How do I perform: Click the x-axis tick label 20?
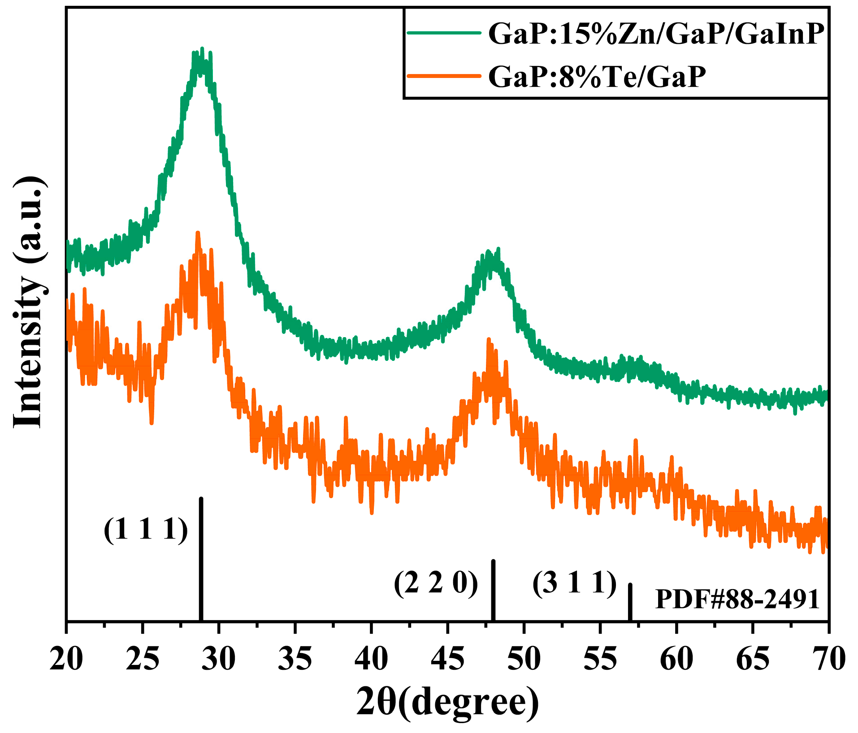click(66, 659)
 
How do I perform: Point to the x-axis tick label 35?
click(295, 659)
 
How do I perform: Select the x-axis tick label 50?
click(524, 659)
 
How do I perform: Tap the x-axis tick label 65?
click(753, 659)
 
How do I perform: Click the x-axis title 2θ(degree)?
click(447, 703)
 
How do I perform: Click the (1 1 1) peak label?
click(146, 530)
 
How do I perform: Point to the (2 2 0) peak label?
click(436, 583)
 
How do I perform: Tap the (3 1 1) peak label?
click(575, 583)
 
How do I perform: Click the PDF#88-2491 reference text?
click(737, 599)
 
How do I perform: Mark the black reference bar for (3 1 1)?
click(630, 602)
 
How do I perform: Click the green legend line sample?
click(444, 33)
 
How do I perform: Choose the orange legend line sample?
click(444, 76)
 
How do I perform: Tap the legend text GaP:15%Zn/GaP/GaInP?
click(656, 34)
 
